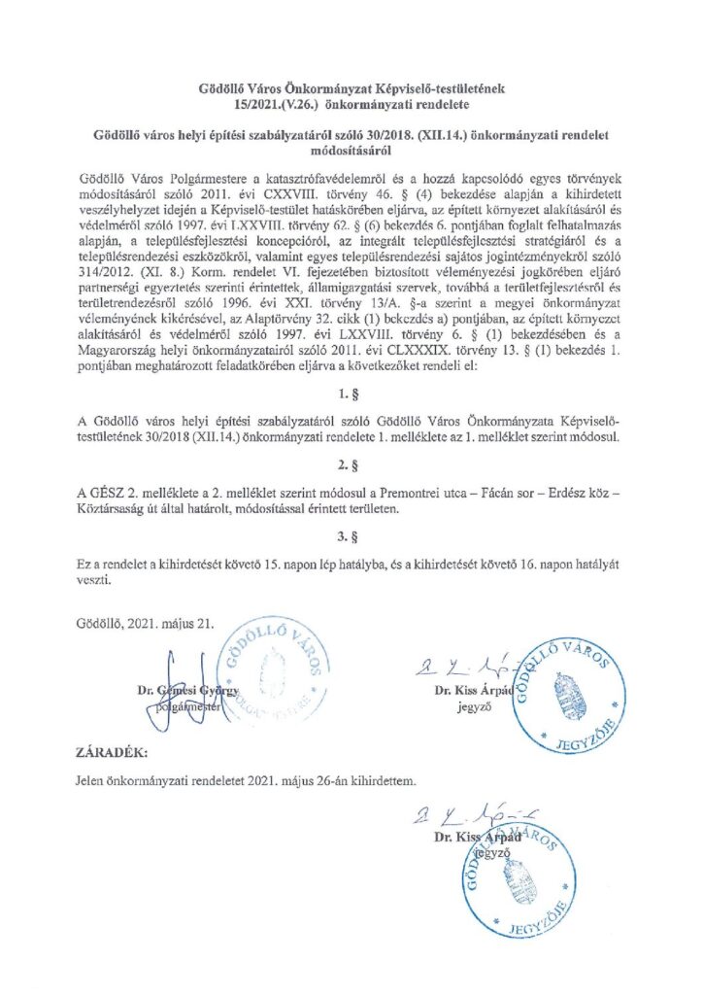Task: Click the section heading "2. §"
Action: (351, 465)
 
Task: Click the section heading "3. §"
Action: (351, 533)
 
